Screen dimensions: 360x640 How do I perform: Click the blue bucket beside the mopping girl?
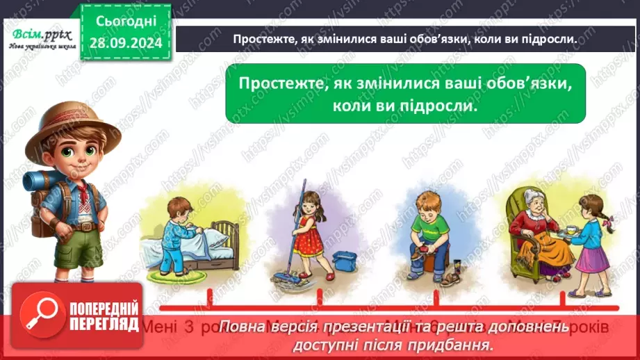[345, 261]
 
